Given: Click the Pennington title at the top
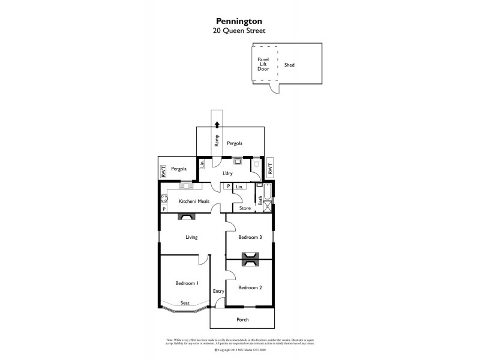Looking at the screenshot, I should [239, 19].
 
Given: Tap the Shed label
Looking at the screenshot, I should [289, 65].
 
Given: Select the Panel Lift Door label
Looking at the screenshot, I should [263, 64].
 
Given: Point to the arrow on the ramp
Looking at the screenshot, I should [217, 125].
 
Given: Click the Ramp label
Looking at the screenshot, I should [217, 140].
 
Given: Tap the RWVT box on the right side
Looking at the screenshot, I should [270, 170].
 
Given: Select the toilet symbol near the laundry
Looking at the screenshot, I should [256, 163].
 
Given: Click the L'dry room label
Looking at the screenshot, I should [227, 173].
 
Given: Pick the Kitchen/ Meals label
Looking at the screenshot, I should [194, 201].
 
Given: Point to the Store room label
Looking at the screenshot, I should [245, 208].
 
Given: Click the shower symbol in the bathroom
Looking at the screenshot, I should [267, 207].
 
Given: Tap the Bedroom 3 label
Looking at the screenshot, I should [250, 238].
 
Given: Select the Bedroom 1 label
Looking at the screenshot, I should [187, 283].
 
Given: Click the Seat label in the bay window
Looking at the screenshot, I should [185, 303].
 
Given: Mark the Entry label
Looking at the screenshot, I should [218, 291].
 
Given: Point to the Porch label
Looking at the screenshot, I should [242, 319].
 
